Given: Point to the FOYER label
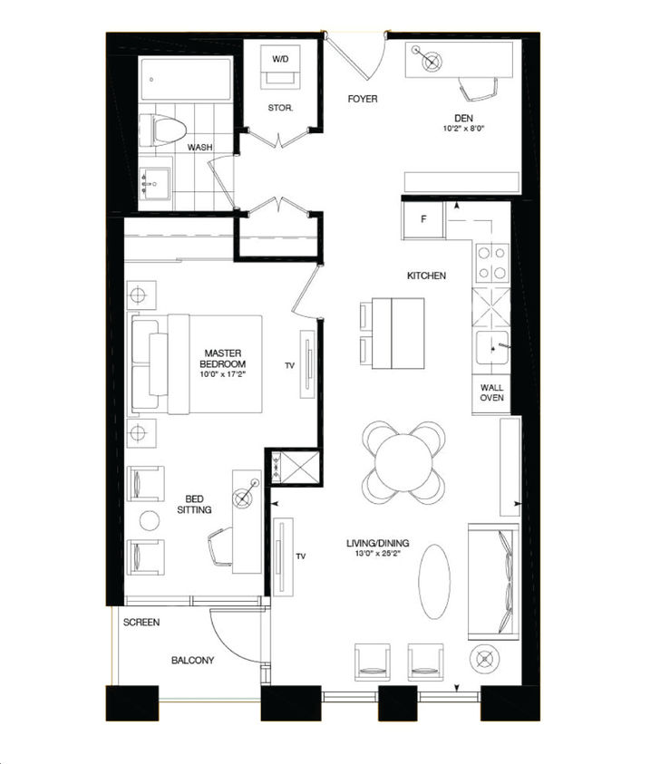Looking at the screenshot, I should coord(363,99).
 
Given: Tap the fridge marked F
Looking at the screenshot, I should coord(423,218).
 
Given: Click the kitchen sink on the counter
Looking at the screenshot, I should coord(493,346).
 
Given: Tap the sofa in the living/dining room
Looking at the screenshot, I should coord(490,579).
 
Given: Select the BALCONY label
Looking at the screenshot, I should coord(192,661).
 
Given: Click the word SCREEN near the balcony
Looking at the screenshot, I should coord(142,623).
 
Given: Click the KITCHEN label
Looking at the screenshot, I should coord(425,276).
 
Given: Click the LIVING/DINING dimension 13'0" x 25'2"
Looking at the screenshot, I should coord(378,555).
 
